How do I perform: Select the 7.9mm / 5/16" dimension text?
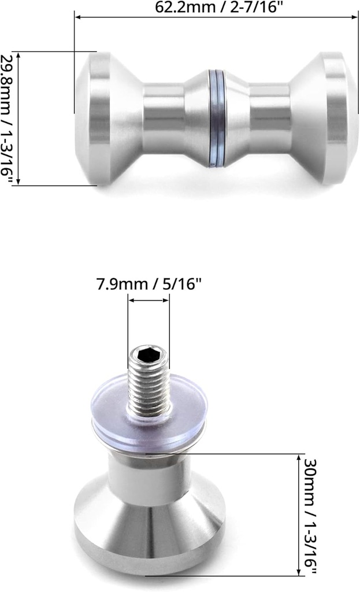(x=149, y=284)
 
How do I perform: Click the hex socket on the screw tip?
(x=149, y=354)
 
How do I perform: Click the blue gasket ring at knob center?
(x=216, y=119)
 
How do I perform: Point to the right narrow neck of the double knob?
(x=269, y=119)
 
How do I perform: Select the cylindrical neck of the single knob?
(x=149, y=477)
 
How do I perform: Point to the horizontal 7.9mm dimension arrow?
(x=149, y=301)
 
